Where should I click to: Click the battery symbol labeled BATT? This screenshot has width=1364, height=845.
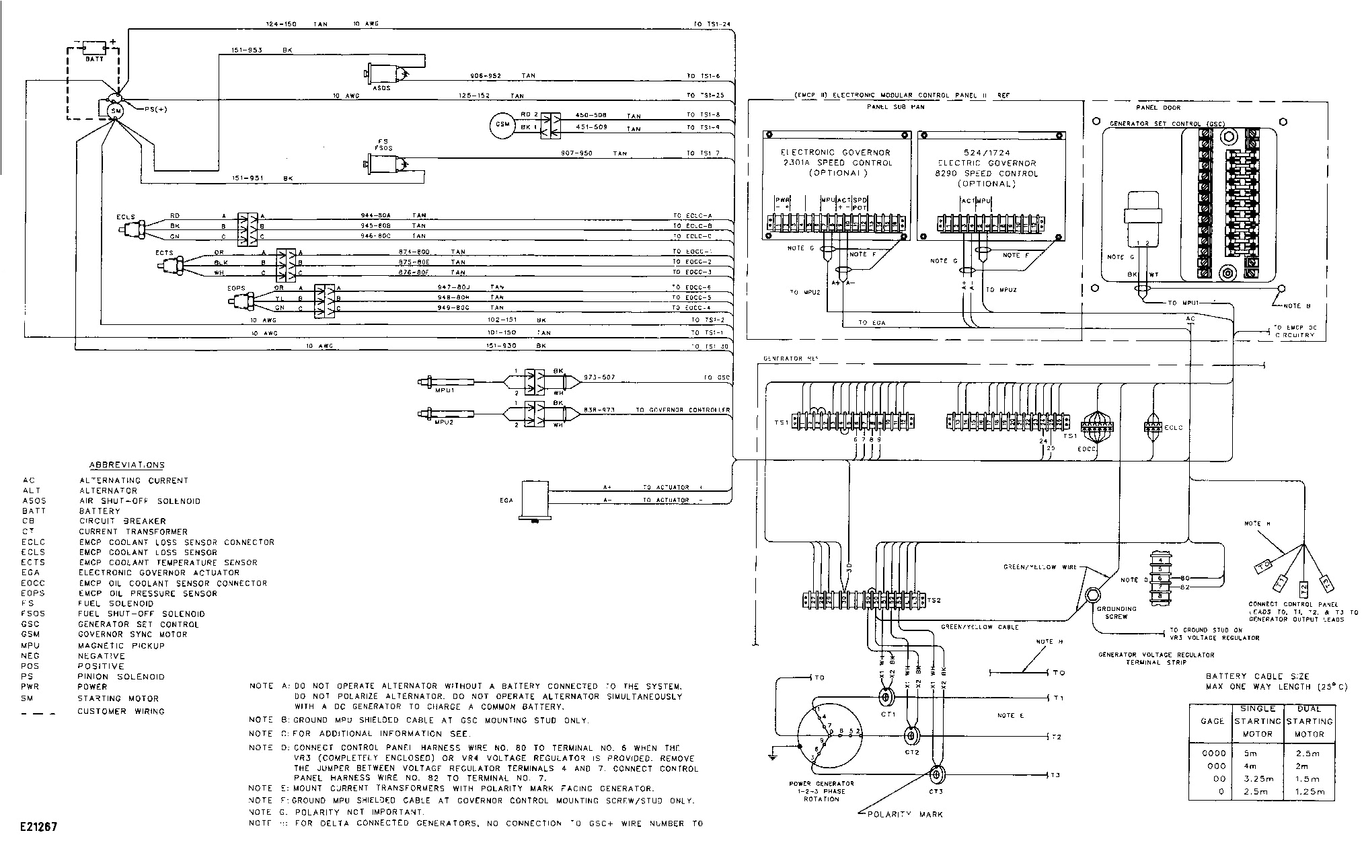click(x=94, y=49)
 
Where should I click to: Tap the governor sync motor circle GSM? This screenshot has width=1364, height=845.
click(x=501, y=126)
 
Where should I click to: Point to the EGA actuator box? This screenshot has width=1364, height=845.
click(x=535, y=499)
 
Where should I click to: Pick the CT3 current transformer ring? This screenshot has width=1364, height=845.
click(x=936, y=775)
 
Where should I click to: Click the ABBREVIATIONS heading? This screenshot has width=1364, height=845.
click(x=126, y=465)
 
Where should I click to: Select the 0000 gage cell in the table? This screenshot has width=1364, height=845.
click(x=1213, y=753)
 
